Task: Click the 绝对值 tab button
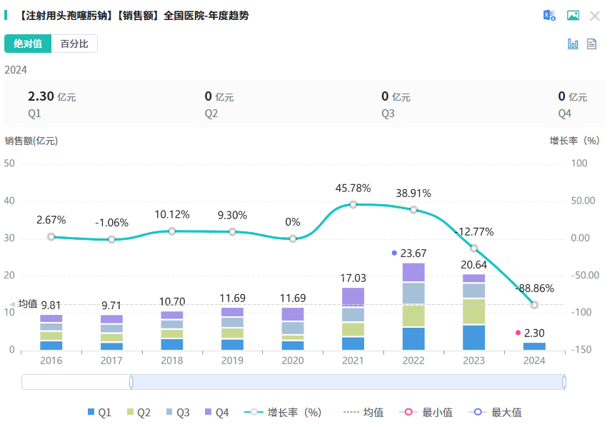coord(28,44)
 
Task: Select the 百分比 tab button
coord(74,44)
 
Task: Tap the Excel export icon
coord(549,16)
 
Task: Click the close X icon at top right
coord(594,16)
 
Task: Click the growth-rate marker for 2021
coord(353,204)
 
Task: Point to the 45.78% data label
coord(353,188)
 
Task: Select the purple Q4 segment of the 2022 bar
coord(413,272)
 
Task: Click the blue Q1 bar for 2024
coord(534,346)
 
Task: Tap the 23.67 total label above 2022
coord(413,253)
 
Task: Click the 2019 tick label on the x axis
coord(232,361)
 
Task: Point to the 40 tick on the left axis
coord(9,201)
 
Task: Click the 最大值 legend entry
coord(498,412)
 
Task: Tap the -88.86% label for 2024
coord(534,288)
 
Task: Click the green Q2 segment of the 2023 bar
coord(473,311)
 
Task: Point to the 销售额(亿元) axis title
coord(31,141)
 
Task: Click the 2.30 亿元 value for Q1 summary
coord(51,96)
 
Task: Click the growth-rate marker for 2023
coord(473,248)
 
